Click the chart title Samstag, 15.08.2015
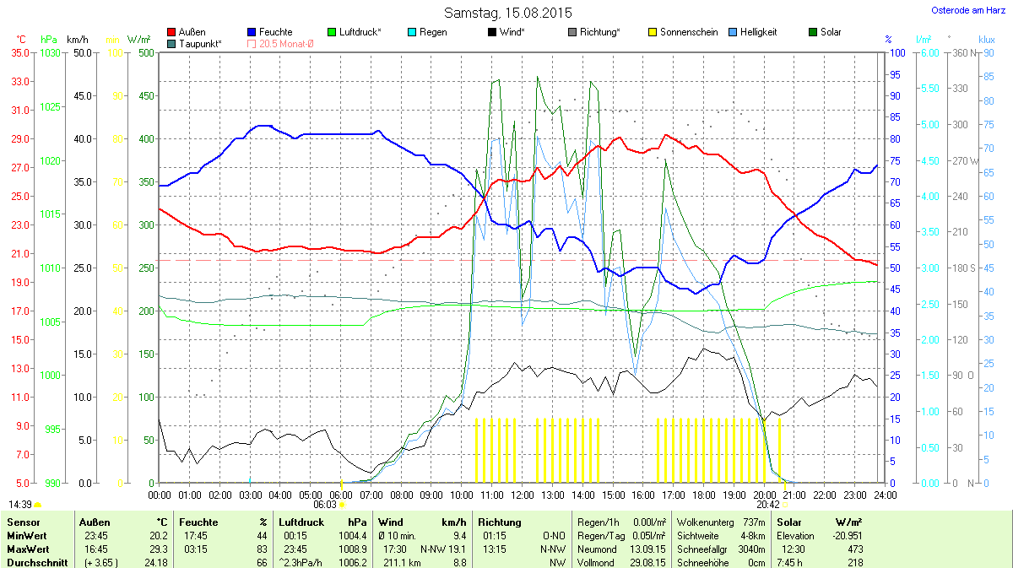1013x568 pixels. click(507, 13)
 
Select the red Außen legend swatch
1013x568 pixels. click(172, 32)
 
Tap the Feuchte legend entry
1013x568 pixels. click(275, 32)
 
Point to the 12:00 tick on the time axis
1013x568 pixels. click(523, 495)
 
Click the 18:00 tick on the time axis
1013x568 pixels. click(704, 495)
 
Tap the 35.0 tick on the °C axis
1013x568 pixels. click(19, 52)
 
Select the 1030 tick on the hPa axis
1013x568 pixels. click(51, 52)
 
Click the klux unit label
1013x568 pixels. click(987, 39)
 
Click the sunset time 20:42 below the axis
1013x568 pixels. click(767, 504)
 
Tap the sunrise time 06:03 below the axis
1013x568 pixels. click(325, 504)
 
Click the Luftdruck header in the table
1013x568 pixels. click(301, 522)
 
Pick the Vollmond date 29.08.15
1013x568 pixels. click(647, 562)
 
